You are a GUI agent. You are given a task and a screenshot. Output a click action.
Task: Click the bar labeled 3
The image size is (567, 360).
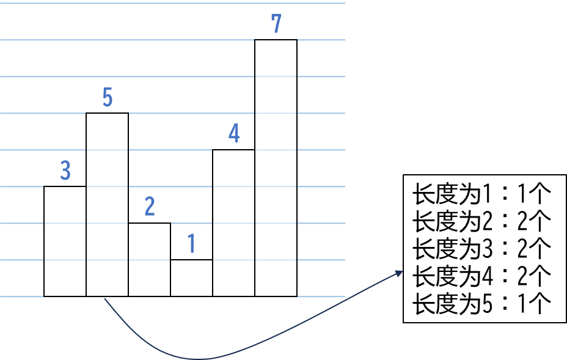(65, 241)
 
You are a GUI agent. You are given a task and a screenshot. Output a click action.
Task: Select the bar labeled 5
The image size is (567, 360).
(107, 205)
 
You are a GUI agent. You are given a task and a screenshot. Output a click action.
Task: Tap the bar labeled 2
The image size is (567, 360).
(149, 260)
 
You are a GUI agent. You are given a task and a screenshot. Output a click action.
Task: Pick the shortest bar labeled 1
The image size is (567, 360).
(191, 278)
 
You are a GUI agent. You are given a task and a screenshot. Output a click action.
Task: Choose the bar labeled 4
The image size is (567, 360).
(233, 223)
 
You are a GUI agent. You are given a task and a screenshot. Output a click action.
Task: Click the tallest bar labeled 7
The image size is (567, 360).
(276, 168)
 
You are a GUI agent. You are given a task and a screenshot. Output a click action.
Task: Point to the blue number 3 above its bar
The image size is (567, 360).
(65, 171)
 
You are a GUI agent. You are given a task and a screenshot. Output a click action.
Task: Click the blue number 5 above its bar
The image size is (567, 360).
(108, 97)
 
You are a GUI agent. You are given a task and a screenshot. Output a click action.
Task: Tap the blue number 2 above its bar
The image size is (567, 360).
(150, 207)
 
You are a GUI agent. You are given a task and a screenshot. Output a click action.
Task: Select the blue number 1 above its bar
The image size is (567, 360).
(192, 244)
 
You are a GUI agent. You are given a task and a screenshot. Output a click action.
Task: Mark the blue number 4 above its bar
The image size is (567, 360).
(234, 134)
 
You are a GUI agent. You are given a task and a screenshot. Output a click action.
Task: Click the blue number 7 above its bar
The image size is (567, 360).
(276, 24)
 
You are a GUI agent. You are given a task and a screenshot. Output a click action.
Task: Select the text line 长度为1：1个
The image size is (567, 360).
(482, 196)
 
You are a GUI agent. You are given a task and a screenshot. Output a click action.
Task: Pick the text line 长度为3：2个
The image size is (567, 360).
(482, 249)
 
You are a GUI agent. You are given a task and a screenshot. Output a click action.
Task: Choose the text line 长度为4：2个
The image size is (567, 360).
(482, 276)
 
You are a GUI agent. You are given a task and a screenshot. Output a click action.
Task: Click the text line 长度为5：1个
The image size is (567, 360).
(482, 303)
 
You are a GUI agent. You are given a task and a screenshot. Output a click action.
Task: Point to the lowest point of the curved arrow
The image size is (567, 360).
(199, 358)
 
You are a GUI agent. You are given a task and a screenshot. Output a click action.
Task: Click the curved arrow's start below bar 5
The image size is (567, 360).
(106, 299)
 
